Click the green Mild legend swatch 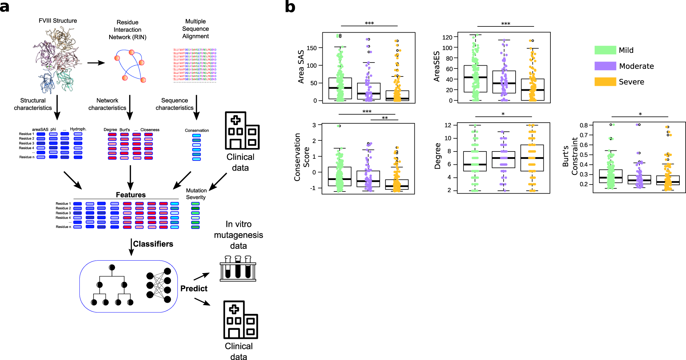point(605,50)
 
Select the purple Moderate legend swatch point(605,66)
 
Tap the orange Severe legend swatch point(605,82)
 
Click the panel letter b point(290,7)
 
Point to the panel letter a point(5,7)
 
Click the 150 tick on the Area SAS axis point(312,48)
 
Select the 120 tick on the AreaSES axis point(447,37)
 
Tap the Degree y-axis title point(437,156)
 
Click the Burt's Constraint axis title point(570,156)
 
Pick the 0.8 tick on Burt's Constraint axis point(584,125)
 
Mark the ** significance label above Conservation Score point(385,118)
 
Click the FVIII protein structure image point(57,59)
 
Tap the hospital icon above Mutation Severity point(242,131)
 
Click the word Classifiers point(153,244)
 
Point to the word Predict point(194,288)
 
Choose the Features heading point(131,195)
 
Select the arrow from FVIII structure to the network point(96,63)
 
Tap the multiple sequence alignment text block point(195,65)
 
